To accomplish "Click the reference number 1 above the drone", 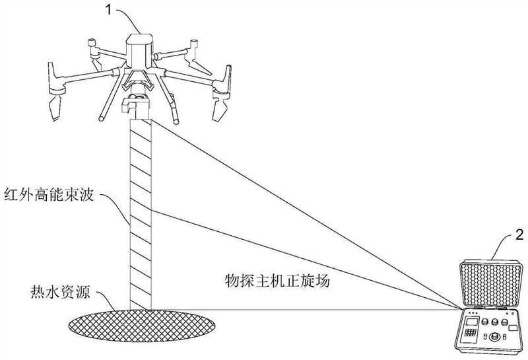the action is point(108,9).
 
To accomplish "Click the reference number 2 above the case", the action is point(519,234).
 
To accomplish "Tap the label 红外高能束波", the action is point(49,195).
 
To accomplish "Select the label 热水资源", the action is point(61,291).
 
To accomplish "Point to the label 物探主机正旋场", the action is point(277,281).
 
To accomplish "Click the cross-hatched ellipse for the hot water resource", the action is point(142,325).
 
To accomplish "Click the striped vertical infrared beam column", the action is point(141,214).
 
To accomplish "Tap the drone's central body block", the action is point(139,51).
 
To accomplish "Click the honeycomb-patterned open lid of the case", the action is point(490,284).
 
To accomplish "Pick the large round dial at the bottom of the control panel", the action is point(494,336).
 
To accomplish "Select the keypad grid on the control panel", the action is point(471,333).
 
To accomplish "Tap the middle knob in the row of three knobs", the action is point(494,321).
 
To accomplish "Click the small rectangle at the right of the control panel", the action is point(513,328).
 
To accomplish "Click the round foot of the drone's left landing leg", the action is point(102,118).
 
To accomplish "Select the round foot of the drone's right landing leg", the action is point(176,120).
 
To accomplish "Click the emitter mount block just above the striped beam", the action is point(134,107).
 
